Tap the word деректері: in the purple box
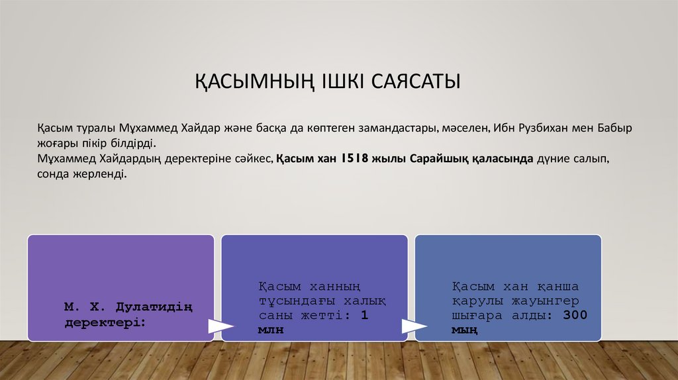pyautogui.click(x=105, y=321)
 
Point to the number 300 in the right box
pyautogui.click(x=575, y=315)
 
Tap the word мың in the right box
pyautogui.click(x=464, y=330)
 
